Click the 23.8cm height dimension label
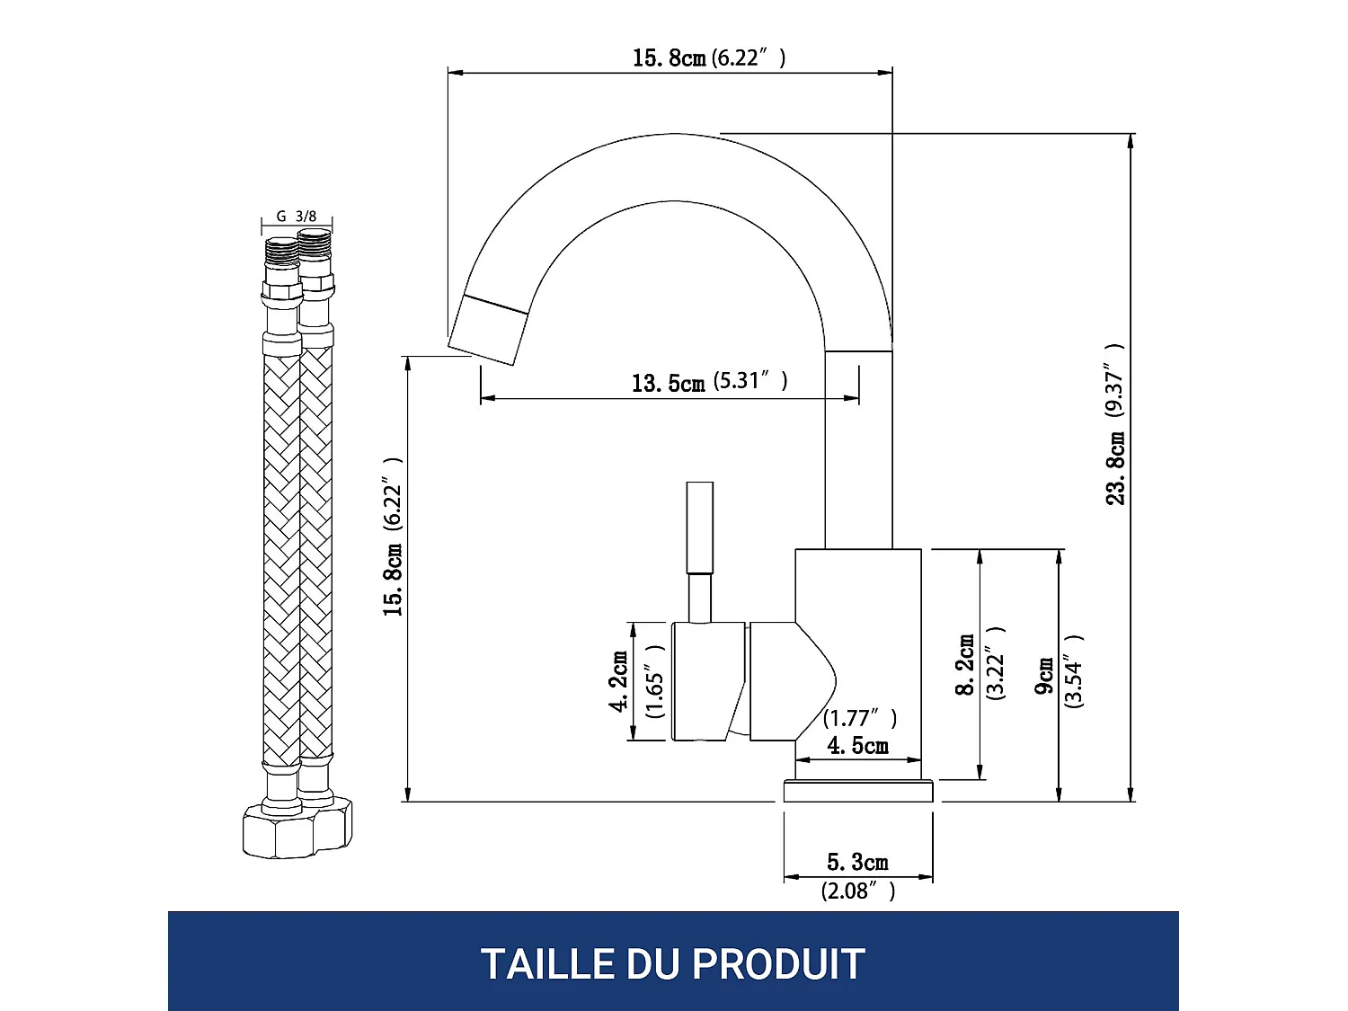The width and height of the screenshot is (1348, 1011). (x=1115, y=467)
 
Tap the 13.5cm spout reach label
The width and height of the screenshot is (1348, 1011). (x=668, y=384)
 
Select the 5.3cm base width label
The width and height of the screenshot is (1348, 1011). (x=857, y=863)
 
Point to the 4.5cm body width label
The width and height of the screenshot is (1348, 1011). (x=857, y=746)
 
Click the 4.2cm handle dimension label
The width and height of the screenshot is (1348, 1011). (x=619, y=681)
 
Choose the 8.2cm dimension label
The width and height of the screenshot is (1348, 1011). (x=965, y=665)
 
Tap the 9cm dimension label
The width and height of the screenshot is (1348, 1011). (x=1044, y=675)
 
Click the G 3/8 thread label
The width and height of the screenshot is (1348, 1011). (x=297, y=217)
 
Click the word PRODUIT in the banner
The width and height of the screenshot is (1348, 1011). (x=778, y=964)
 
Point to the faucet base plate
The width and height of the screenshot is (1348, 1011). (x=858, y=791)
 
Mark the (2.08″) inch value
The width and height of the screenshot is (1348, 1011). (x=857, y=891)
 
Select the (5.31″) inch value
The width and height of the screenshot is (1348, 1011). (x=750, y=381)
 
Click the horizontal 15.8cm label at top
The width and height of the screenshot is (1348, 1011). (x=669, y=58)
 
